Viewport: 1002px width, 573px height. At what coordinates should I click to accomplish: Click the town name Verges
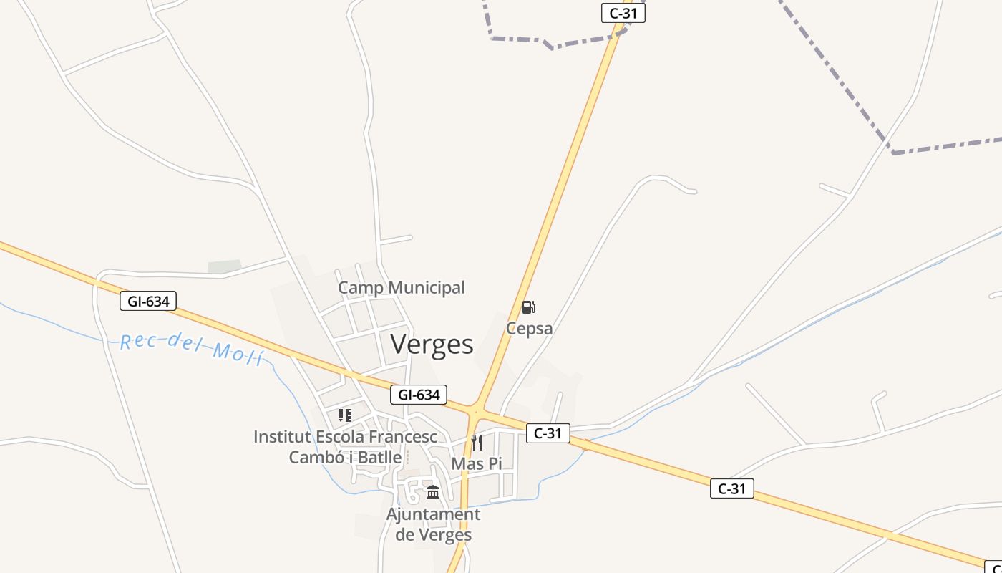tap(432, 345)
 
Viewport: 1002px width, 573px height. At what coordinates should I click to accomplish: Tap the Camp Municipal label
tap(401, 288)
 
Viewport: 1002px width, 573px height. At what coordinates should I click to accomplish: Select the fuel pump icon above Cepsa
tap(528, 308)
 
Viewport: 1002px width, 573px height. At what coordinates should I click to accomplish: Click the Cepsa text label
tap(530, 329)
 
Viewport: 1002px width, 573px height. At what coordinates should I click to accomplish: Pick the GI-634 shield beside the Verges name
tap(419, 395)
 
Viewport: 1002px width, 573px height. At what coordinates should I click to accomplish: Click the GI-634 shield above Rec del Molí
tap(148, 302)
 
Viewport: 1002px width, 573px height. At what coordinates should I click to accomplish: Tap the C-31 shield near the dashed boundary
tap(623, 13)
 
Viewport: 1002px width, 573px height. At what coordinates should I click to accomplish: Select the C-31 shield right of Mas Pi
tap(548, 433)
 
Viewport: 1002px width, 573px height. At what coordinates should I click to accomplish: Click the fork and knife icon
tap(477, 442)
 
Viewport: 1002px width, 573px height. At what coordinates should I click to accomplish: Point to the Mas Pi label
tap(477, 463)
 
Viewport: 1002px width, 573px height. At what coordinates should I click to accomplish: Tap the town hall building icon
tap(433, 493)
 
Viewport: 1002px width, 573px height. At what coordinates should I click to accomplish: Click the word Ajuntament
tap(433, 514)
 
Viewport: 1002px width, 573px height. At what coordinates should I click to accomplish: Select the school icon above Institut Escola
tap(345, 415)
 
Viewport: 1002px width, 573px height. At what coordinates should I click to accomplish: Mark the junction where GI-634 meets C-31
tap(476, 411)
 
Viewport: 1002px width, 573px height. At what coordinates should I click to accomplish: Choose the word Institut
tap(282, 437)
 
